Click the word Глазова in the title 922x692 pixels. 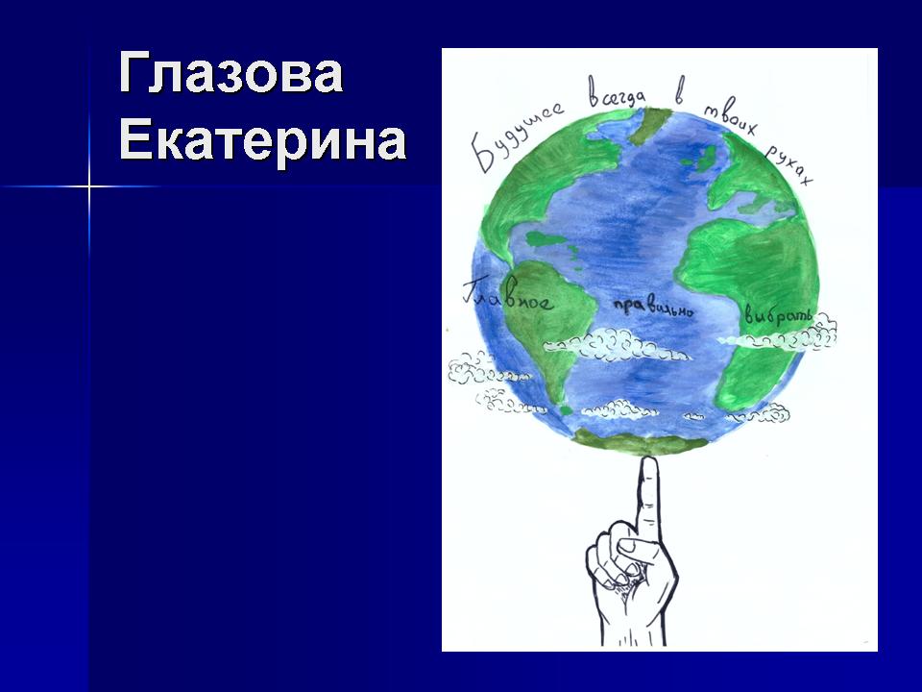click(230, 73)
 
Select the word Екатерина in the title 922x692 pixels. click(262, 140)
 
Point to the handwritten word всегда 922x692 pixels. click(618, 94)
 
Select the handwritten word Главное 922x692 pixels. click(507, 294)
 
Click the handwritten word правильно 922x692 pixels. click(653, 308)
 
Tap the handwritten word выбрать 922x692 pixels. click(777, 315)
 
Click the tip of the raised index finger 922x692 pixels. click(648, 459)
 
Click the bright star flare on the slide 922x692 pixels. click(89, 187)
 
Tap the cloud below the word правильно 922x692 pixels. click(617, 345)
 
